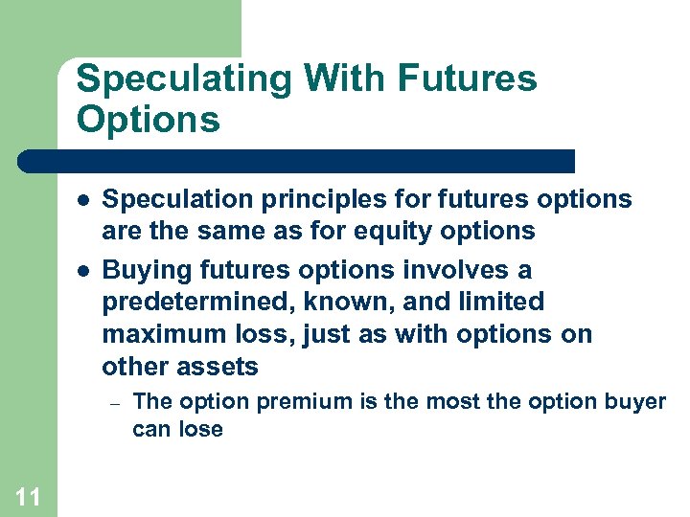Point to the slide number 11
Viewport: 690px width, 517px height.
[28, 496]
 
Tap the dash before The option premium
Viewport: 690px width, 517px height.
[113, 403]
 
